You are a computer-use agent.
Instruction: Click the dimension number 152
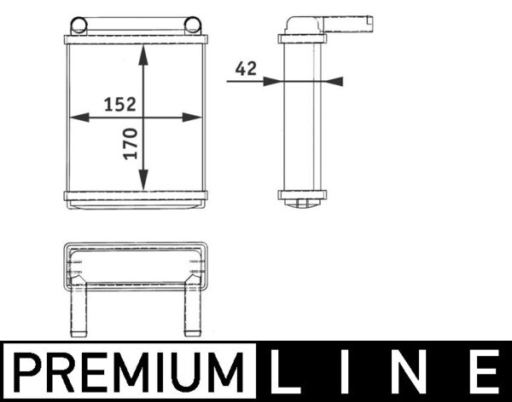[120, 105]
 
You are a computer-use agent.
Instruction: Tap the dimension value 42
[246, 70]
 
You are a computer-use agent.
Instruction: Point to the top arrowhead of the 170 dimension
[144, 52]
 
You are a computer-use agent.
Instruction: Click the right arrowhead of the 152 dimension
[195, 118]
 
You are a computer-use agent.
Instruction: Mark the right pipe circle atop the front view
[194, 23]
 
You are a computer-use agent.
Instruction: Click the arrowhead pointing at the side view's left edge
[271, 81]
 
